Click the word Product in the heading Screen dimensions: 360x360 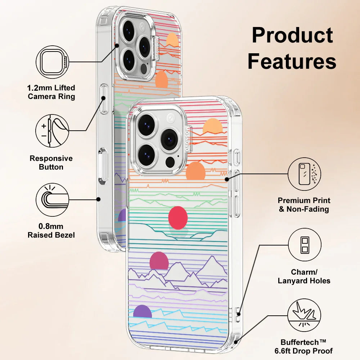[292, 36]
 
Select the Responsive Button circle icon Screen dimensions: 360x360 [53, 131]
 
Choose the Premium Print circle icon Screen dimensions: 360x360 [305, 174]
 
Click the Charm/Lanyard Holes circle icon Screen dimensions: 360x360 [305, 244]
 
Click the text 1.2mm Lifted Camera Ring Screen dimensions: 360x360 [51, 92]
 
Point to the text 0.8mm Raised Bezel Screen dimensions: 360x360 [51, 231]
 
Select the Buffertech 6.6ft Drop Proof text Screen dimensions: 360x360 [307, 346]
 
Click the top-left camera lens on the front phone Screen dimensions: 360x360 [146, 125]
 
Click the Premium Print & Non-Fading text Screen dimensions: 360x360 [304, 205]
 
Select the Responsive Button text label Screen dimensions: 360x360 [51, 163]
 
